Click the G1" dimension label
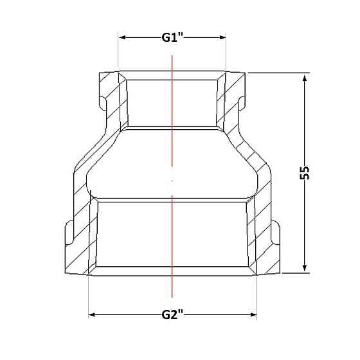[x=172, y=37]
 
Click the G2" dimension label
[x=172, y=315]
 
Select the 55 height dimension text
[x=305, y=172]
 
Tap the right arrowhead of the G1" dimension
[x=222, y=37]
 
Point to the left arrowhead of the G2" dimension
[x=93, y=315]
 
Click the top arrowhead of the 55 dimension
[x=305, y=79]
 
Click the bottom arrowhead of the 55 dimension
[x=305, y=267]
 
